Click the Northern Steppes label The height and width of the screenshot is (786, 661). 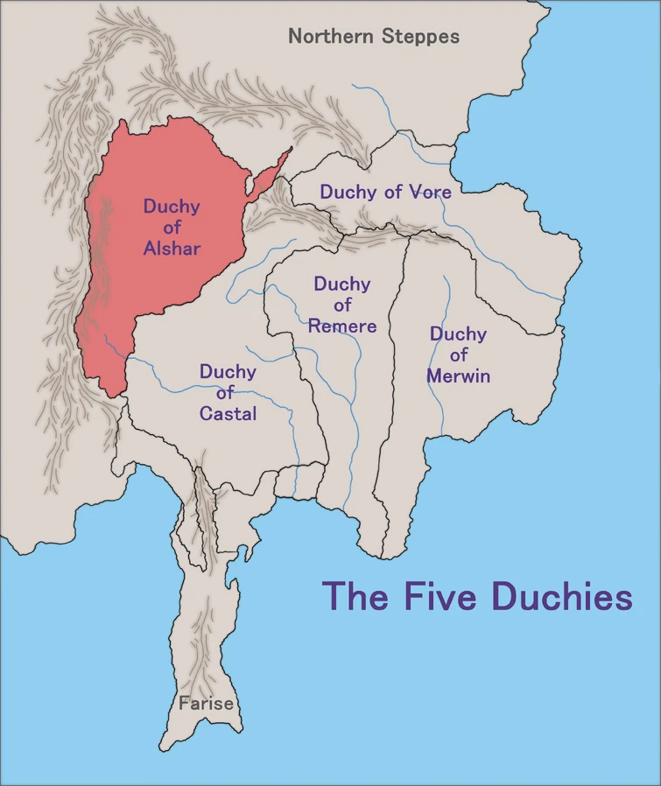374,37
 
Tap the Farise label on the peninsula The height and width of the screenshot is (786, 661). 206,704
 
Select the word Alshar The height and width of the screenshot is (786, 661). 172,249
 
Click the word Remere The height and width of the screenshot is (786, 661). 342,326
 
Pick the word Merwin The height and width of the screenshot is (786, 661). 458,376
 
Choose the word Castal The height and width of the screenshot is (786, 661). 228,414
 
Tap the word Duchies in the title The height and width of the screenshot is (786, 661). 561,597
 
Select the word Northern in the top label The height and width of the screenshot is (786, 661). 333,37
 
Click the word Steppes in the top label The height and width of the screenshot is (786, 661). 419,37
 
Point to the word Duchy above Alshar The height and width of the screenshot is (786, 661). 172,207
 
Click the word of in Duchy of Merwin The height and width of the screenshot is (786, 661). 458,355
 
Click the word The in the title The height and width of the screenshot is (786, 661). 356,597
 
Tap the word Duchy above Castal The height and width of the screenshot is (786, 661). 228,372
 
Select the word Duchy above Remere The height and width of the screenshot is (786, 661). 342,284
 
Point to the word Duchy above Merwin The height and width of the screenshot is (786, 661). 458,334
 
